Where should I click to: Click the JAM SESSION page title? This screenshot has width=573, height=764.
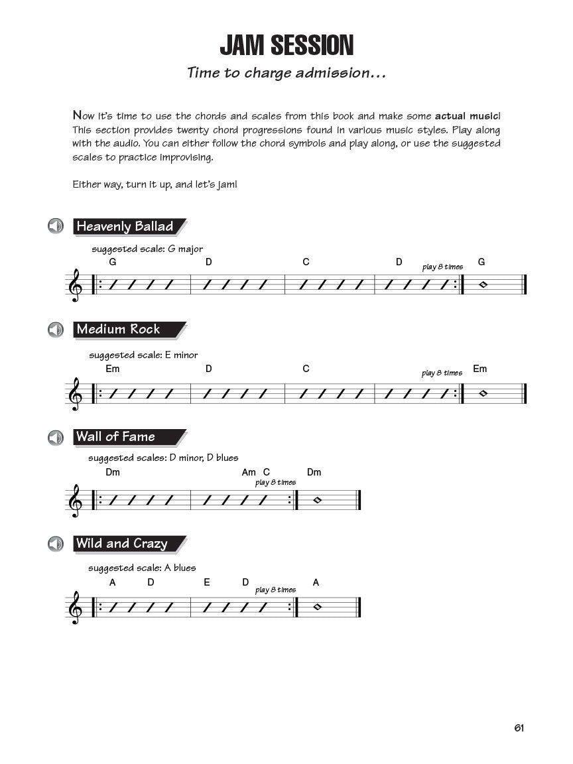(286, 46)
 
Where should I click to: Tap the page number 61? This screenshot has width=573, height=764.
(519, 728)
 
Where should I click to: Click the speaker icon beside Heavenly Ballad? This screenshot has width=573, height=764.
(55, 226)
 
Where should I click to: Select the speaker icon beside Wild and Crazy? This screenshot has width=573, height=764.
(55, 544)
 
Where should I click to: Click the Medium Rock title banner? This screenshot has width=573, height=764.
(127, 330)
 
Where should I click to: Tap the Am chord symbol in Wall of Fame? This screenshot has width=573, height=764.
(249, 472)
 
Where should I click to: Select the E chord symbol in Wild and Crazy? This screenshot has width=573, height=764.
(207, 582)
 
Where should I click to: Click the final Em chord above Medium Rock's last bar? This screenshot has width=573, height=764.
(479, 369)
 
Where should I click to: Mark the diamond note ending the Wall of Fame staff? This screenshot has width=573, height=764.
(317, 499)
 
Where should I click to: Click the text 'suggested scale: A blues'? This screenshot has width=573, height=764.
(142, 568)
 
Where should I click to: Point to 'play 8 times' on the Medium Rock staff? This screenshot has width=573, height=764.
(442, 373)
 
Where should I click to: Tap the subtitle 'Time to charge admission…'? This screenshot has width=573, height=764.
(286, 73)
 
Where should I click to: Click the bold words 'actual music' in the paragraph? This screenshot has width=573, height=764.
(468, 115)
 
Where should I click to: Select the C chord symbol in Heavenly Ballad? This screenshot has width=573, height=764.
(306, 262)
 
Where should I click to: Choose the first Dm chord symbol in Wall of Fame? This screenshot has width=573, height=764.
(113, 472)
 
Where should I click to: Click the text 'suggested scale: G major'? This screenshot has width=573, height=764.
(147, 249)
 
